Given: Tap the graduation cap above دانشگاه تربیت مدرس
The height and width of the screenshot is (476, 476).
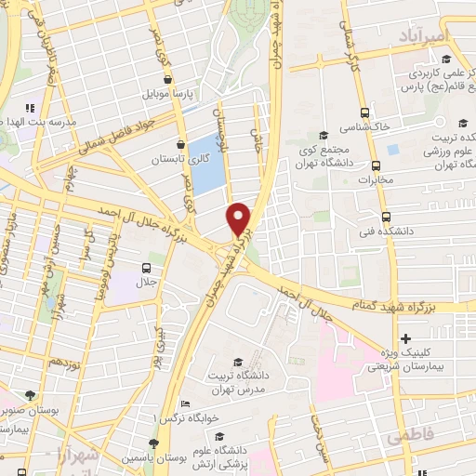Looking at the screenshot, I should [x=237, y=363].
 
